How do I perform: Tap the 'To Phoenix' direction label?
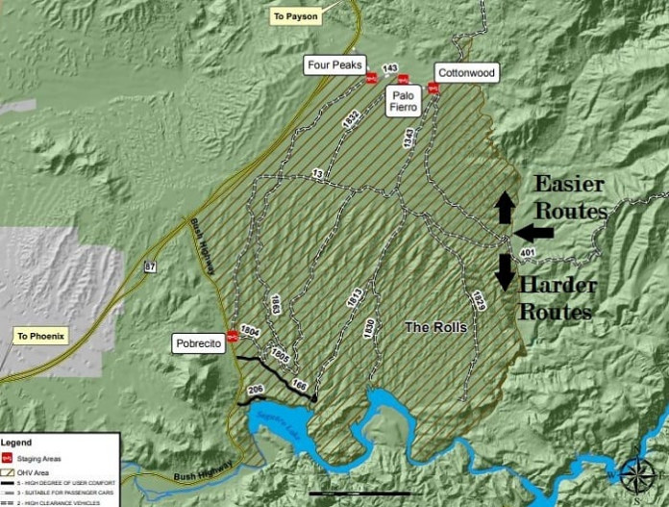tap(40, 337)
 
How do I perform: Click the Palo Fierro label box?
tap(402, 102)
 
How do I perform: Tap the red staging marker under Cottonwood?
tap(433, 89)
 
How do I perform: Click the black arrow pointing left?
tap(533, 232)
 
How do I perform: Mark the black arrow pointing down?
tap(504, 270)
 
